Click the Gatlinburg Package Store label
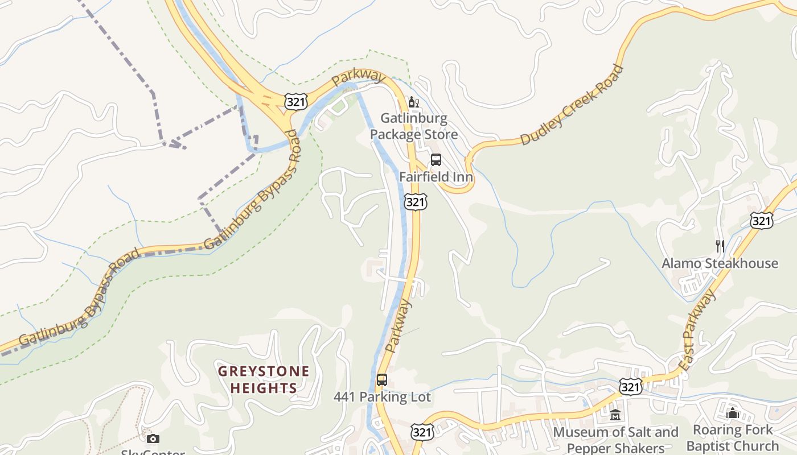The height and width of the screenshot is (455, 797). [x=414, y=126]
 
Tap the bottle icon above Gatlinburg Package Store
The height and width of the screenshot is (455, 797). [x=414, y=102]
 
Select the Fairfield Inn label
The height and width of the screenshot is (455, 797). [x=436, y=177]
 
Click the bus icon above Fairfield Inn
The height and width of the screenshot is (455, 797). [x=436, y=160]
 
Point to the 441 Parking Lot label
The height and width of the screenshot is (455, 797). [x=382, y=397]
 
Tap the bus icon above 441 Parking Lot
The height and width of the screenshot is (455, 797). [x=382, y=380]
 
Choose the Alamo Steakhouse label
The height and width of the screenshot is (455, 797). [x=720, y=263]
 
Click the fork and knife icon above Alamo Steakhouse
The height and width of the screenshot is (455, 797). [x=720, y=246]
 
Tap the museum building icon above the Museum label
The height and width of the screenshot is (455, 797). [x=615, y=415]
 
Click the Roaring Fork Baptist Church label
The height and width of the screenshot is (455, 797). [x=733, y=437]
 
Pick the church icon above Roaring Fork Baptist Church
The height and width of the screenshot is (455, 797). [x=733, y=412]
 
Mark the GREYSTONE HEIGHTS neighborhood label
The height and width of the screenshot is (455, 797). [x=264, y=380]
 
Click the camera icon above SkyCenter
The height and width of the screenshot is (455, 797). [x=153, y=439]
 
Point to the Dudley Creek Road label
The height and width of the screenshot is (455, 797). [x=572, y=106]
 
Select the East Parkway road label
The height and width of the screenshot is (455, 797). [x=698, y=330]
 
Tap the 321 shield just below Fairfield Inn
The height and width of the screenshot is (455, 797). [x=416, y=202]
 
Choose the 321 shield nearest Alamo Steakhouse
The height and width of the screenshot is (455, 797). [x=762, y=221]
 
